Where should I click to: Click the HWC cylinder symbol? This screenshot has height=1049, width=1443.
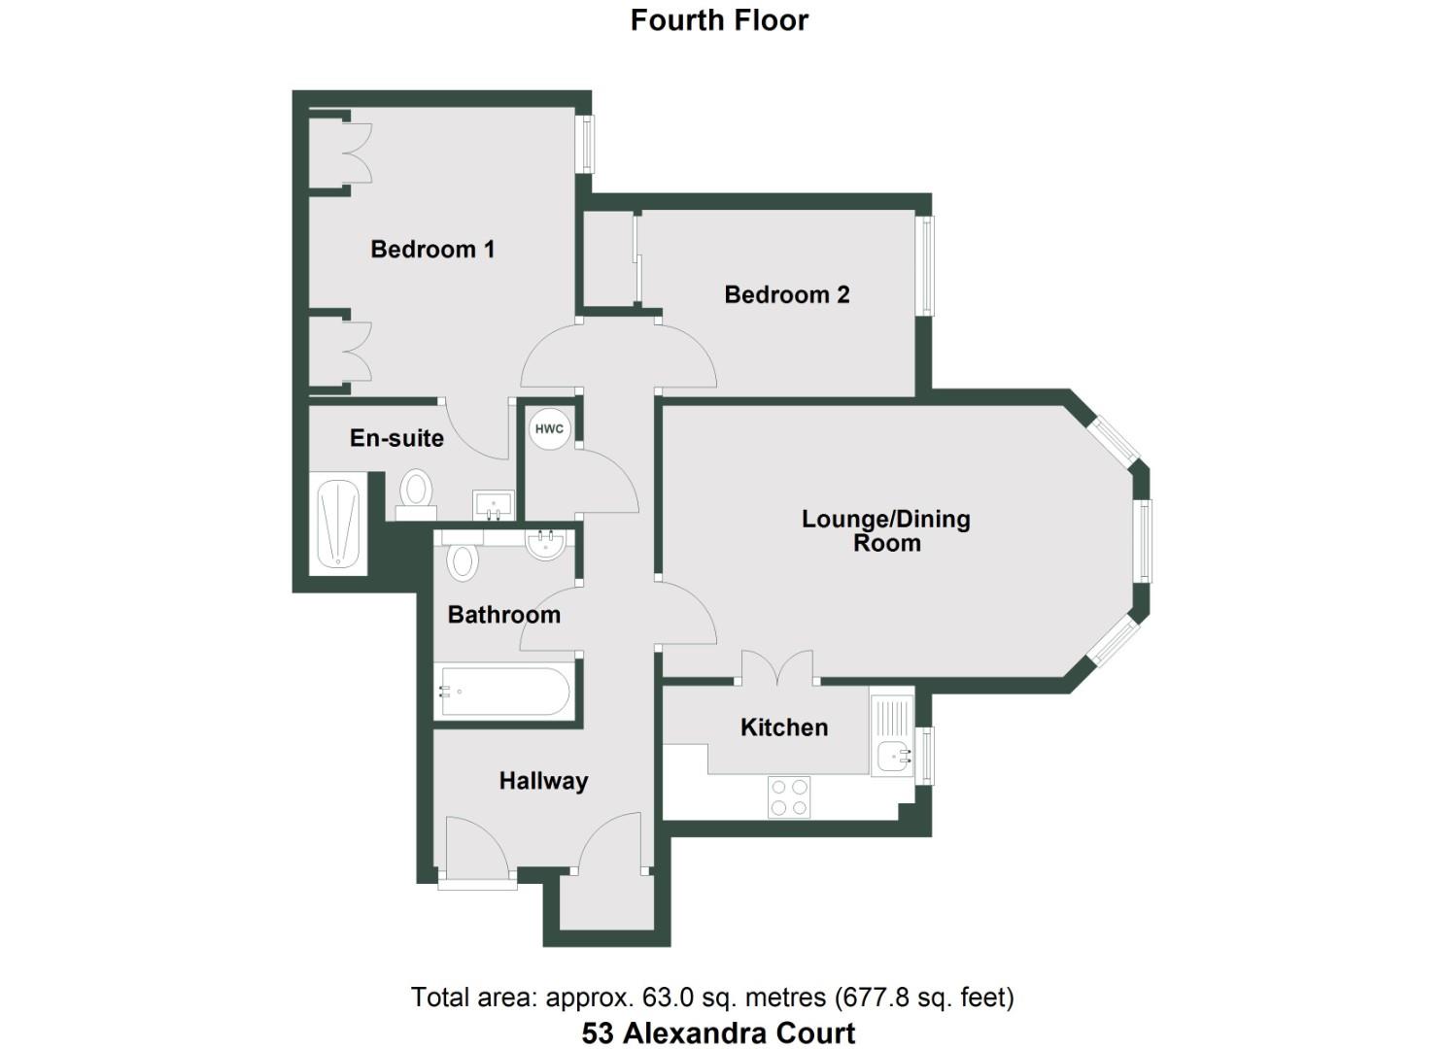coord(549,429)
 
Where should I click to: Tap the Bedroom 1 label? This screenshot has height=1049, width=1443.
coord(432,250)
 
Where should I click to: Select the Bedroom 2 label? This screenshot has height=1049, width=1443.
coord(787,295)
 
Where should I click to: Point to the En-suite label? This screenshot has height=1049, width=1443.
coord(396,438)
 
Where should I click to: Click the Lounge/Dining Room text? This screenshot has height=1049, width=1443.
coord(886,530)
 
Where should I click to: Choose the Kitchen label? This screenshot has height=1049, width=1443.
coord(784,728)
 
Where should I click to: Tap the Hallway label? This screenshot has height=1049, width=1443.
coord(543,781)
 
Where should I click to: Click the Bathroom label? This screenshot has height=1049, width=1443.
coord(503,615)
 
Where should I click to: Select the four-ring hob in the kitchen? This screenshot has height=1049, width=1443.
coord(788,796)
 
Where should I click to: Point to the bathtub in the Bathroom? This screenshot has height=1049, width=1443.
coord(503,692)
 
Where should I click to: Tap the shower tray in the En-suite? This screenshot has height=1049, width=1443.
coord(339,524)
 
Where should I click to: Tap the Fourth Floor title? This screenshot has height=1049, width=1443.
coord(719,20)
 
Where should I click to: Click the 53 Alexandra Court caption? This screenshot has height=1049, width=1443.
coord(718,1032)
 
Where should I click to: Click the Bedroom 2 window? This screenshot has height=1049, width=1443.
coord(926,265)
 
